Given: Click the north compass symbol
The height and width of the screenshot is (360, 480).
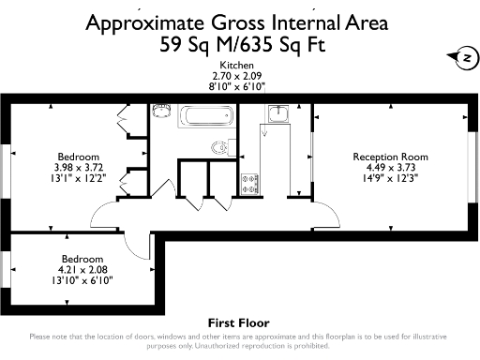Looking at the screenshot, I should [462, 58].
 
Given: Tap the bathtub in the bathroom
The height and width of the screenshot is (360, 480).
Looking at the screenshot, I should [198, 118].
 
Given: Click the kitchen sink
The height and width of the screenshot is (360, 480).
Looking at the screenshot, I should [278, 115].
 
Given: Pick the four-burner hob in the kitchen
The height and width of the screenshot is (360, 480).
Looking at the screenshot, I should [250, 184].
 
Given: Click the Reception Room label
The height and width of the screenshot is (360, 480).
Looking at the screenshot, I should [390, 157].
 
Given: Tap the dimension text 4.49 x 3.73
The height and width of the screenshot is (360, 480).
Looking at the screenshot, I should [390, 167].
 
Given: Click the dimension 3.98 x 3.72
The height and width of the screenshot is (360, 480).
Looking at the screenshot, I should [79, 166].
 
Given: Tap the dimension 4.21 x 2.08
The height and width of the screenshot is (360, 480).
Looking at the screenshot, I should [82, 268].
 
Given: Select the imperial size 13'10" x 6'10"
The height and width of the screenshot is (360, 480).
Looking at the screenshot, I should [82, 278].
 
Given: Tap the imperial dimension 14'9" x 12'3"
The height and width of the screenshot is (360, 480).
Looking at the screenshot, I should [390, 177].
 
